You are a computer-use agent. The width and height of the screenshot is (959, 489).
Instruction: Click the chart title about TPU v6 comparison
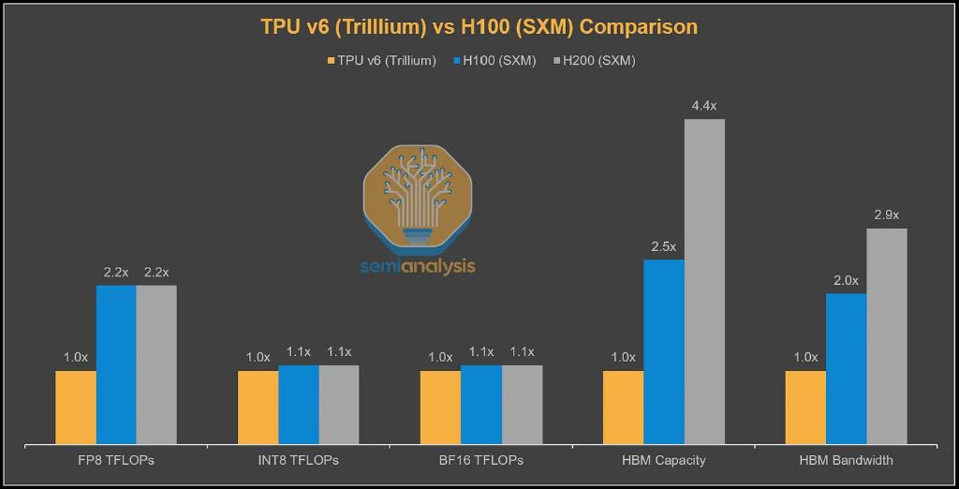pyautogui.click(x=479, y=27)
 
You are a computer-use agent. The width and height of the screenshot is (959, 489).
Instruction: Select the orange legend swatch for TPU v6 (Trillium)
pyautogui.click(x=331, y=61)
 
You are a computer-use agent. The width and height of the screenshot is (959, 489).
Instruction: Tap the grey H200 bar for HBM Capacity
pyautogui.click(x=704, y=281)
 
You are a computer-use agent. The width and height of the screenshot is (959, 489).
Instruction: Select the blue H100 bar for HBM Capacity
pyautogui.click(x=663, y=351)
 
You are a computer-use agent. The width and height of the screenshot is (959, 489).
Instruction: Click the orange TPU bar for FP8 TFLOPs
pyautogui.click(x=76, y=407)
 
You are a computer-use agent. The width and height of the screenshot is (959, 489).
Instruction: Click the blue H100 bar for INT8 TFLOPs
pyautogui.click(x=299, y=404)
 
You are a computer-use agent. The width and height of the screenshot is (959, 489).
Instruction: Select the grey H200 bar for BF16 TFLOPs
pyautogui.click(x=522, y=404)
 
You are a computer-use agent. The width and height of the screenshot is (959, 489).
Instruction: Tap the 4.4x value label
pyautogui.click(x=704, y=106)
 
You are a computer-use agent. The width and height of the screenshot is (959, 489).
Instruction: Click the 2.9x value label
pyautogui.click(x=887, y=215)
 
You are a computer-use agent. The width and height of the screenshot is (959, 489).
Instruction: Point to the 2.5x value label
pyautogui.click(x=663, y=246)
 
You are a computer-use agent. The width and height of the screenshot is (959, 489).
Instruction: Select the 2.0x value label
pyautogui.click(x=846, y=280)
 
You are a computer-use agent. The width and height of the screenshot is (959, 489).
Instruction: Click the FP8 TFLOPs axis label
pyautogui.click(x=116, y=460)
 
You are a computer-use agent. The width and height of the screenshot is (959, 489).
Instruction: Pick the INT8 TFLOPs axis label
pyautogui.click(x=299, y=460)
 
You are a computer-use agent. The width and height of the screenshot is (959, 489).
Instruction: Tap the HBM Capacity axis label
pyautogui.click(x=663, y=460)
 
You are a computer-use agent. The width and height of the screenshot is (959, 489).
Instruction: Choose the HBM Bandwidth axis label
pyautogui.click(x=846, y=460)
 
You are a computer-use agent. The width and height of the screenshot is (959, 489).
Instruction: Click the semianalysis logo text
pyautogui.click(x=418, y=266)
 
